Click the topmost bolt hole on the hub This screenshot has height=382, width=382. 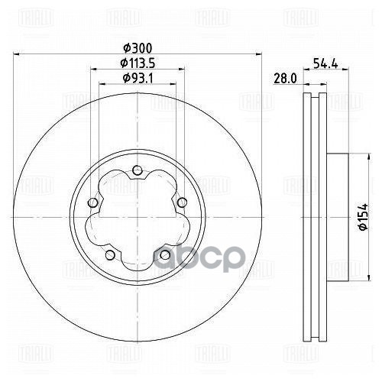[137, 170]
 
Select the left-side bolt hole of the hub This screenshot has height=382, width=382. [93, 202]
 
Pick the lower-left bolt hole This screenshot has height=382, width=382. [110, 254]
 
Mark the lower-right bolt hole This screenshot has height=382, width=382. [163, 254]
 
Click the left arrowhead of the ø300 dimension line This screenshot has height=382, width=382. [19, 54]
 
